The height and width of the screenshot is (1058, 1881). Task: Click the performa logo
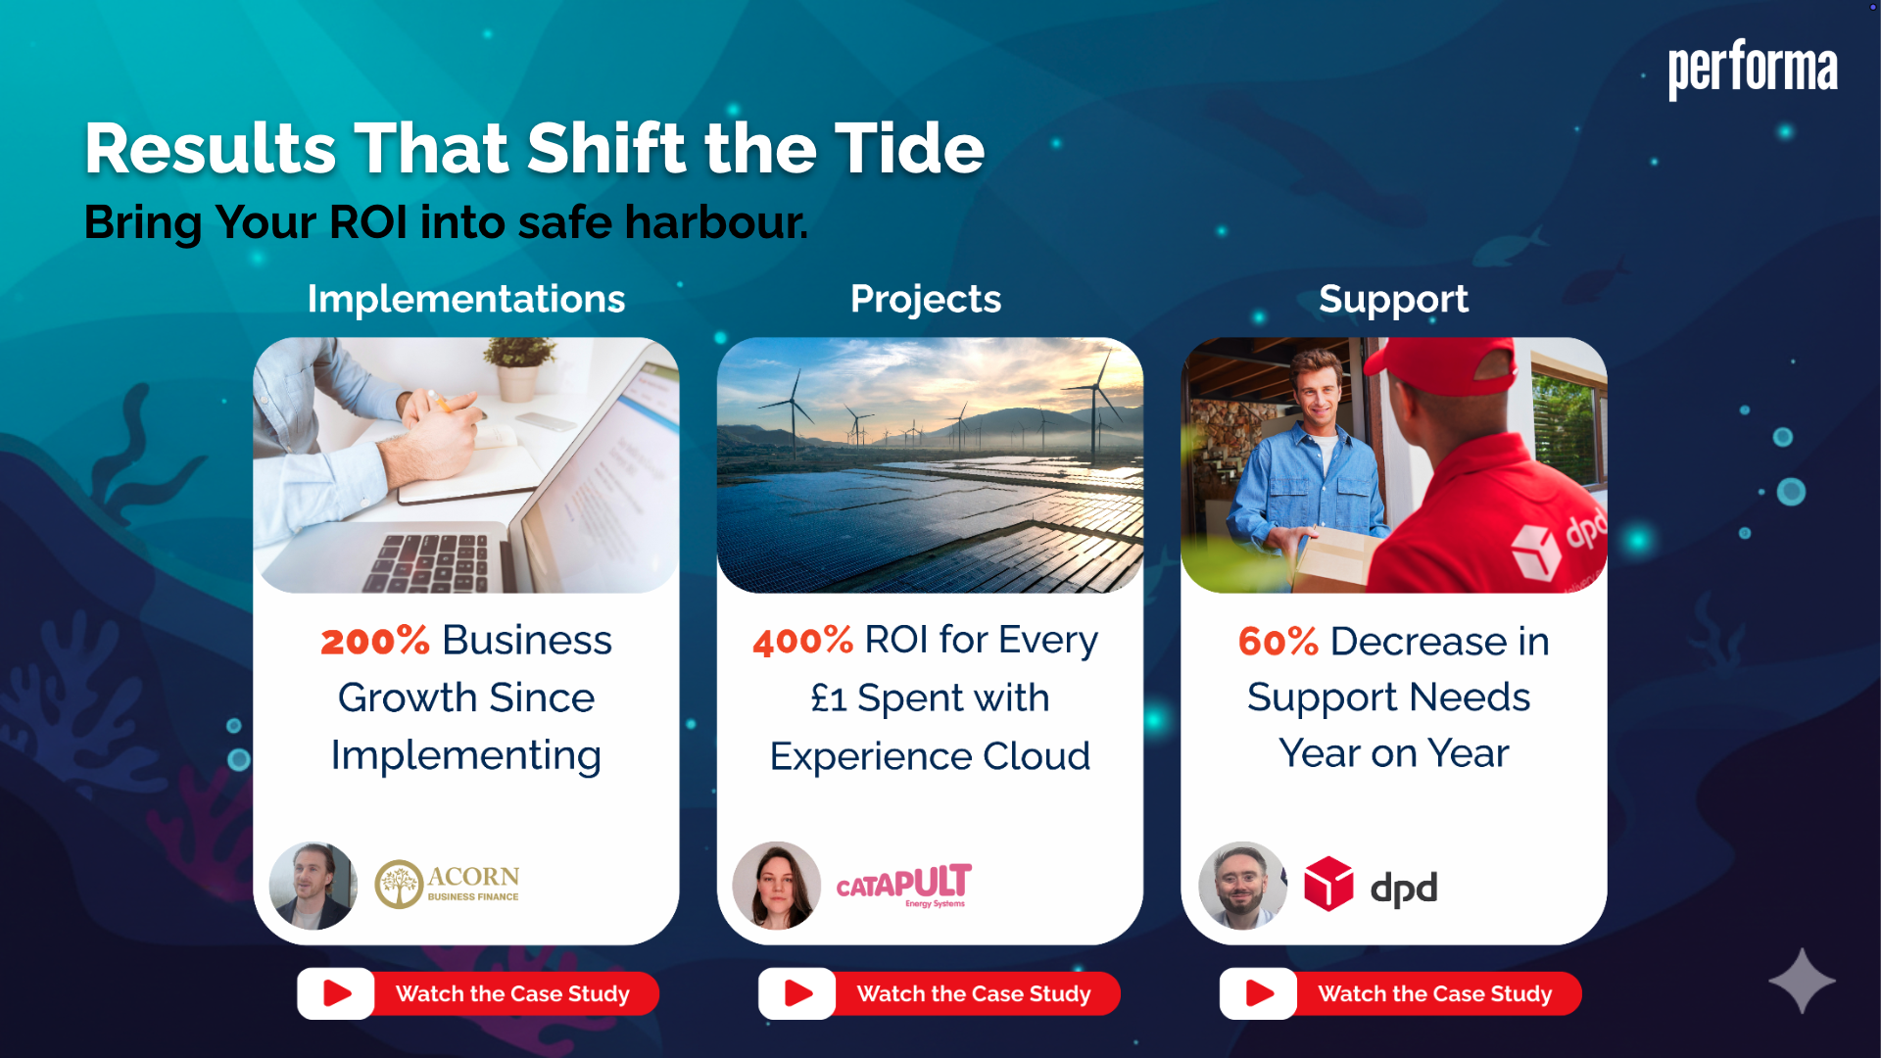pyautogui.click(x=1753, y=70)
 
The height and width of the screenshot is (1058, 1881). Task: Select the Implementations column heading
pyautogui.click(x=466, y=299)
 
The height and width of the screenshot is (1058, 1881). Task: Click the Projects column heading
pyautogui.click(x=926, y=299)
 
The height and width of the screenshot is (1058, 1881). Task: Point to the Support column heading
pyautogui.click(x=1393, y=300)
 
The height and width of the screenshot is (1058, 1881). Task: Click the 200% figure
pyautogui.click(x=375, y=641)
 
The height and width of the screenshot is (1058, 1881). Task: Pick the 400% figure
pyautogui.click(x=803, y=641)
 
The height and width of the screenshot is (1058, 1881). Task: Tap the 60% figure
pyautogui.click(x=1278, y=642)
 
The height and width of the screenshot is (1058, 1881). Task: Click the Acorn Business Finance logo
pyautogui.click(x=447, y=884)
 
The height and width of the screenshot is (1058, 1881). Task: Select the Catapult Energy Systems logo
pyautogui.click(x=903, y=886)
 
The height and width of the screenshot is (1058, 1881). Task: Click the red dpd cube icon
pyautogui.click(x=1328, y=884)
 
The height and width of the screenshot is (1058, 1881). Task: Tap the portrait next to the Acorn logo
pyautogui.click(x=313, y=886)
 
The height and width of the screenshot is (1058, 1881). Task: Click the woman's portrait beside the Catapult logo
pyautogui.click(x=777, y=886)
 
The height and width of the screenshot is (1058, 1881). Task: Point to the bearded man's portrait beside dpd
pyautogui.click(x=1242, y=886)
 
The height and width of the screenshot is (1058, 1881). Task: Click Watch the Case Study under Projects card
pyautogui.click(x=974, y=994)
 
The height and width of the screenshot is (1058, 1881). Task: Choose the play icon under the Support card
pyautogui.click(x=1259, y=993)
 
